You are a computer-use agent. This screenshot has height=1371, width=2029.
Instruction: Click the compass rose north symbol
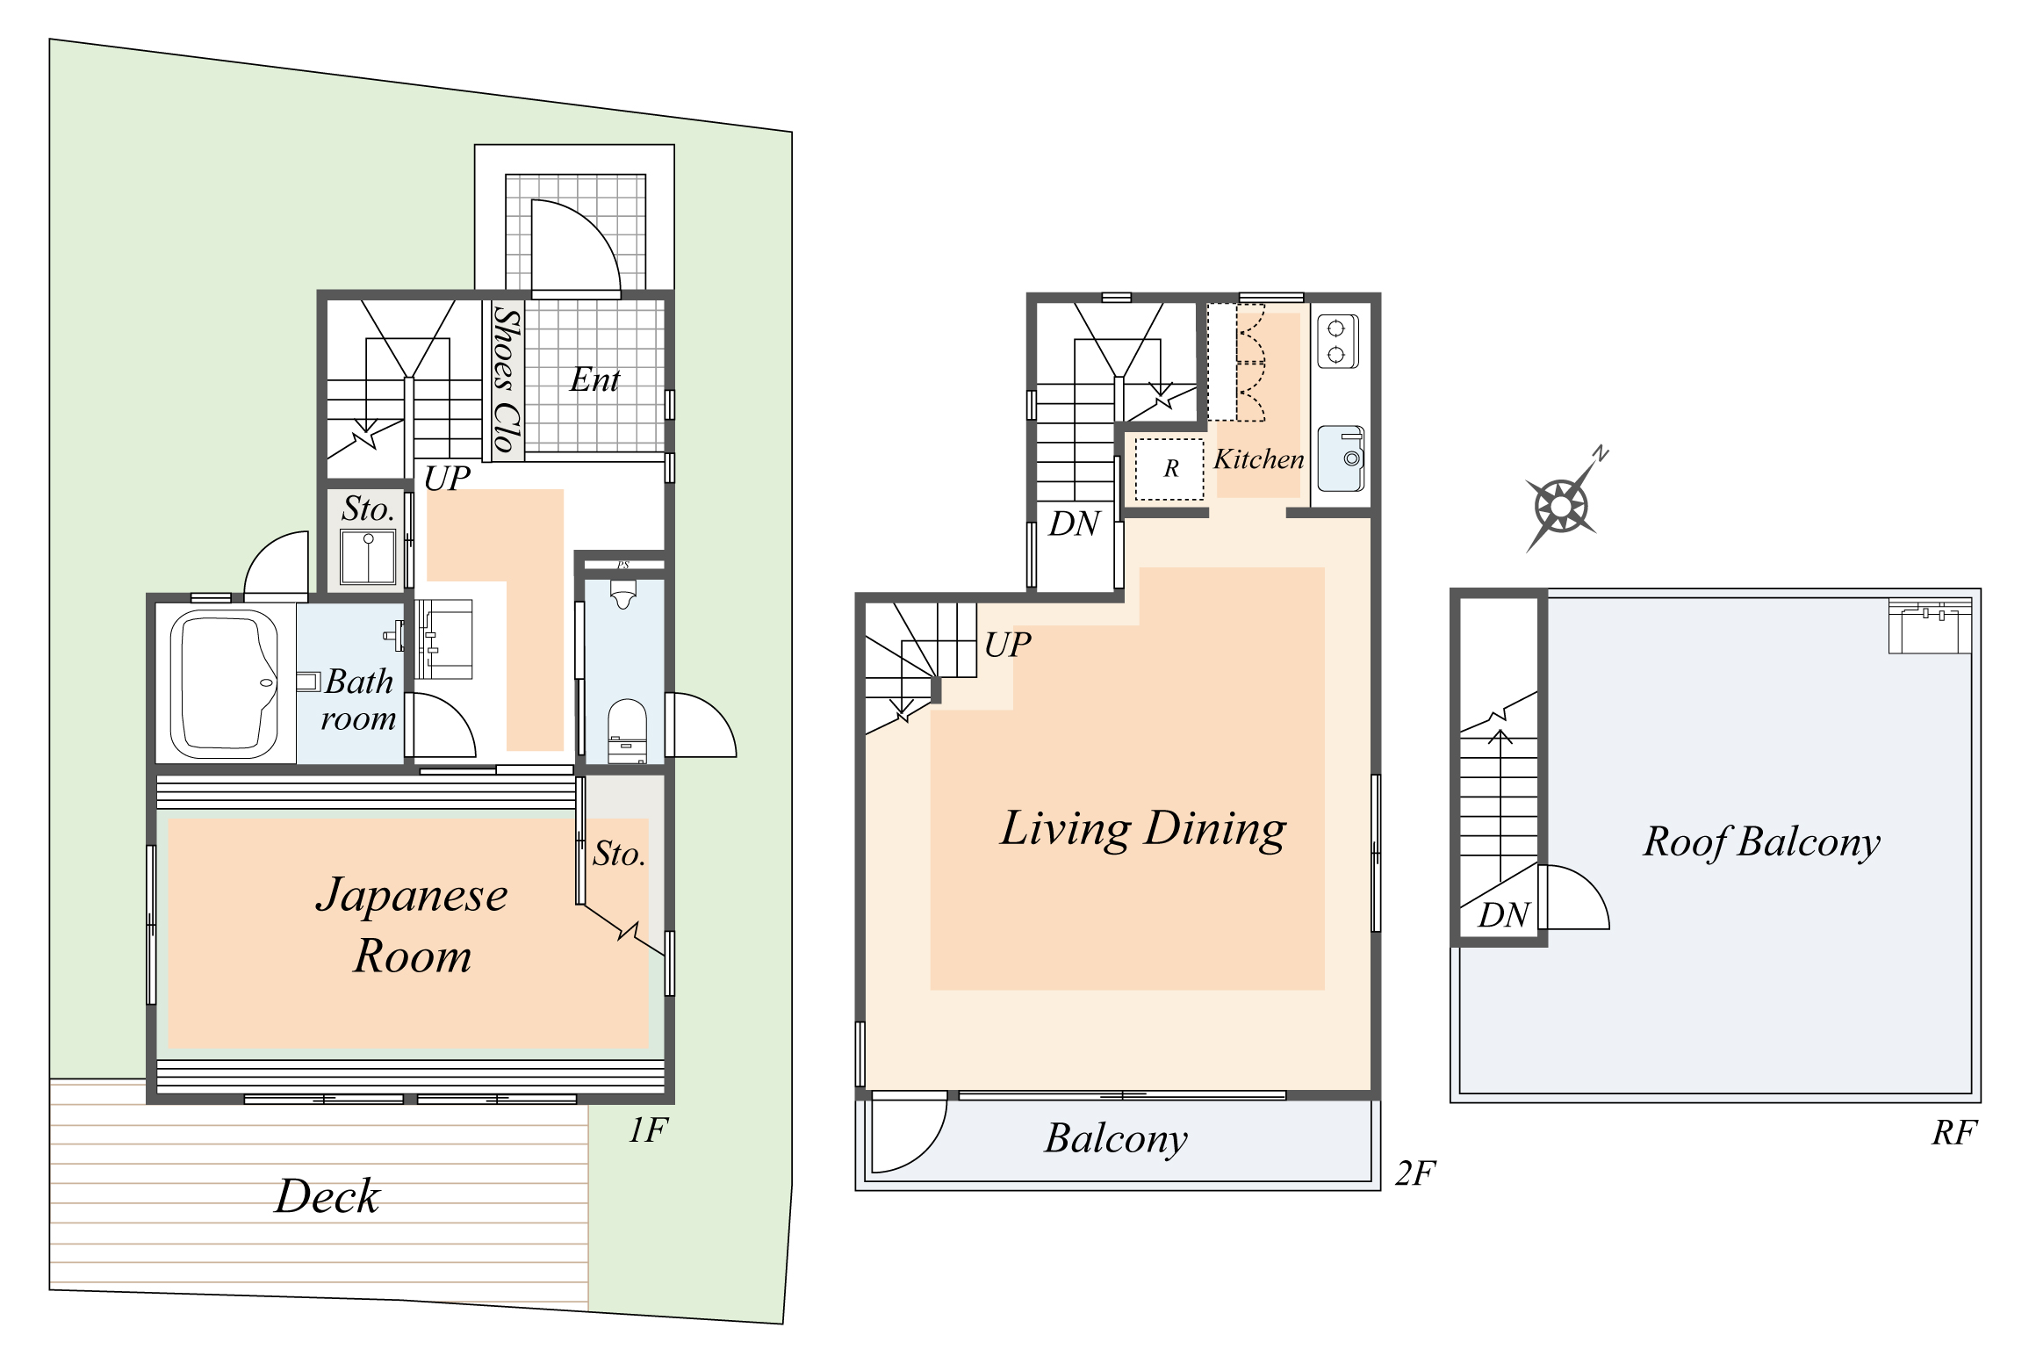1561,505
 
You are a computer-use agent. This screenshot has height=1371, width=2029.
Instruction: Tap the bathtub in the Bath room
224,683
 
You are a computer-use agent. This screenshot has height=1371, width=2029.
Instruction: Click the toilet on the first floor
627,729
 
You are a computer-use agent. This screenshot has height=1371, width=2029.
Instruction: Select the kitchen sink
1341,458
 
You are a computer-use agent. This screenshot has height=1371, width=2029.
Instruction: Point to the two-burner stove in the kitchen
1337,341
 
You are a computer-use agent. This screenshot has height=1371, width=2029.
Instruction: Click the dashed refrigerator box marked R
1169,469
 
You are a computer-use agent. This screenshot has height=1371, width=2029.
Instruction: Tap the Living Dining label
1142,829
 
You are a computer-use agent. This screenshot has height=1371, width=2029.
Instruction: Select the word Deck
327,1196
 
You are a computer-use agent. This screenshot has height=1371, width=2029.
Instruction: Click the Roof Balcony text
1761,841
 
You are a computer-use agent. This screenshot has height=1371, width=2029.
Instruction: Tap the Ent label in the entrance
594,379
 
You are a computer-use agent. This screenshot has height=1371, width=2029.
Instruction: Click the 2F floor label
1414,1173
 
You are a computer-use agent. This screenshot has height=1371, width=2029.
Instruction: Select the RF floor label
1953,1132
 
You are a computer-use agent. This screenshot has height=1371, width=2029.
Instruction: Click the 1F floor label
648,1130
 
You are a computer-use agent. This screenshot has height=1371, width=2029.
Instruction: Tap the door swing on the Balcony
909,1135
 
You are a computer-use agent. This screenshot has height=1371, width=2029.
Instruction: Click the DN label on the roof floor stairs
1503,915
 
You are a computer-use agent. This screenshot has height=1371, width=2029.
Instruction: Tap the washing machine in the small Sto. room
368,557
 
